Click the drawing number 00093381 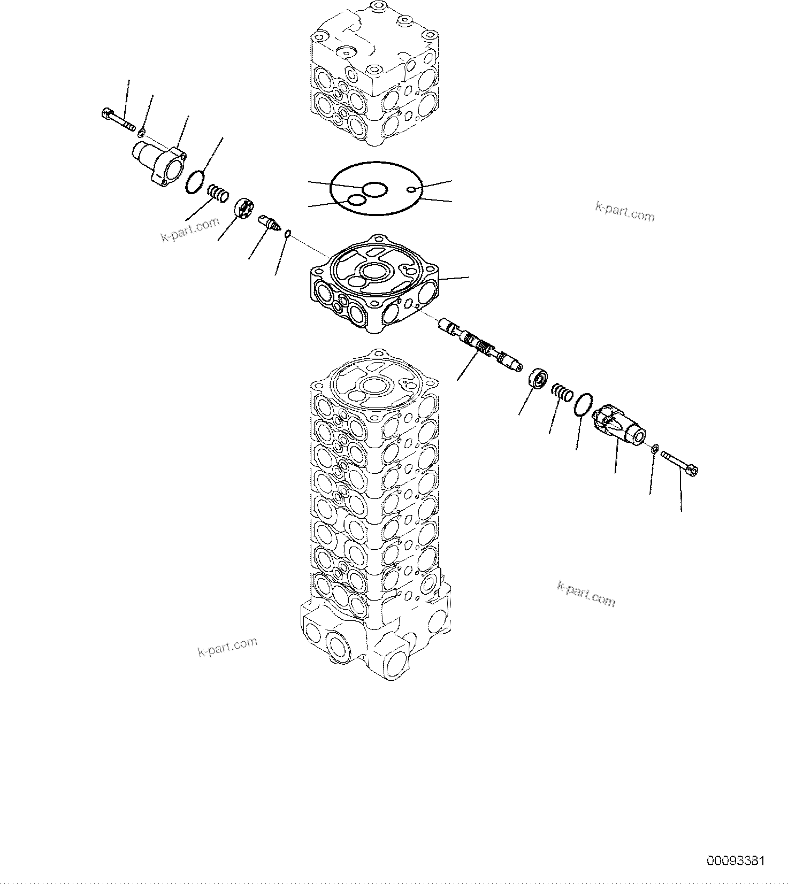tap(736, 861)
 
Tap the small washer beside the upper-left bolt tap(142, 132)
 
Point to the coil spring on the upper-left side tap(218, 193)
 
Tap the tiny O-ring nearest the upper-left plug tap(288, 233)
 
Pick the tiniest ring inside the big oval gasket tap(411, 189)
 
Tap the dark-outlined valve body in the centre tap(374, 283)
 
